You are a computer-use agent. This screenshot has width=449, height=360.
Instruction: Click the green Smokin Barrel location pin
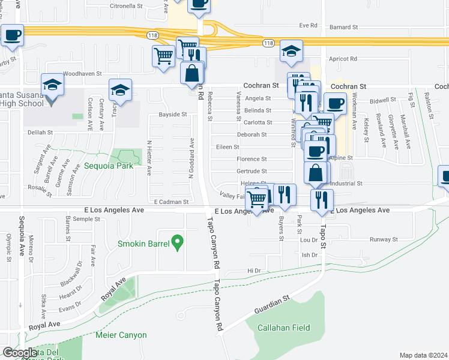click(176, 242)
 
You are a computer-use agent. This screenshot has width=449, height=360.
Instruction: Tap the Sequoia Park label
click(107, 166)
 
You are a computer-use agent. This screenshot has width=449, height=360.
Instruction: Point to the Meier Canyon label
click(118, 334)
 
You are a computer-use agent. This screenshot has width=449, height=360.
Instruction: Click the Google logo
click(20, 353)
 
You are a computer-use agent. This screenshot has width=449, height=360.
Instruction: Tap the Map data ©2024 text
click(423, 355)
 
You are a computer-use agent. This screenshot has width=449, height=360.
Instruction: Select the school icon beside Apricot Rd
click(291, 52)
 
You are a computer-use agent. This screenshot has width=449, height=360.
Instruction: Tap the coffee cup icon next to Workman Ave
click(335, 104)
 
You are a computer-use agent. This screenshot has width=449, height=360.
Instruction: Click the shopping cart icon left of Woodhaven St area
click(163, 57)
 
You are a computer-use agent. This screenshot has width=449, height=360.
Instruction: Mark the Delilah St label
click(39, 132)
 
